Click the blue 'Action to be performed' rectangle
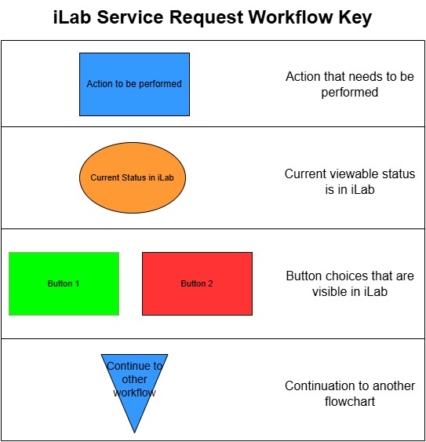(x=134, y=84)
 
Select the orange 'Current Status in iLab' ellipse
(x=133, y=177)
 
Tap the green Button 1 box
(x=64, y=283)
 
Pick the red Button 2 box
(x=197, y=283)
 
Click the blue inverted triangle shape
(x=134, y=383)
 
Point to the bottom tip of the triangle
(x=134, y=433)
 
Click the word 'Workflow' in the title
(x=291, y=17)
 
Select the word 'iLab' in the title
(x=72, y=17)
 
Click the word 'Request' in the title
(x=206, y=18)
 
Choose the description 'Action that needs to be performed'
(x=350, y=84)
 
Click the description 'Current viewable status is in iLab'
(x=350, y=181)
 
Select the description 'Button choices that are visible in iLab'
(x=350, y=283)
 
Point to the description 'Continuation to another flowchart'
(x=350, y=393)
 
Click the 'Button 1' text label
(x=64, y=283)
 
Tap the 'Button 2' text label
(x=197, y=283)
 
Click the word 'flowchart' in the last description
(x=350, y=401)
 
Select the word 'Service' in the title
(x=130, y=17)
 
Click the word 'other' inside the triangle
(x=134, y=379)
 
